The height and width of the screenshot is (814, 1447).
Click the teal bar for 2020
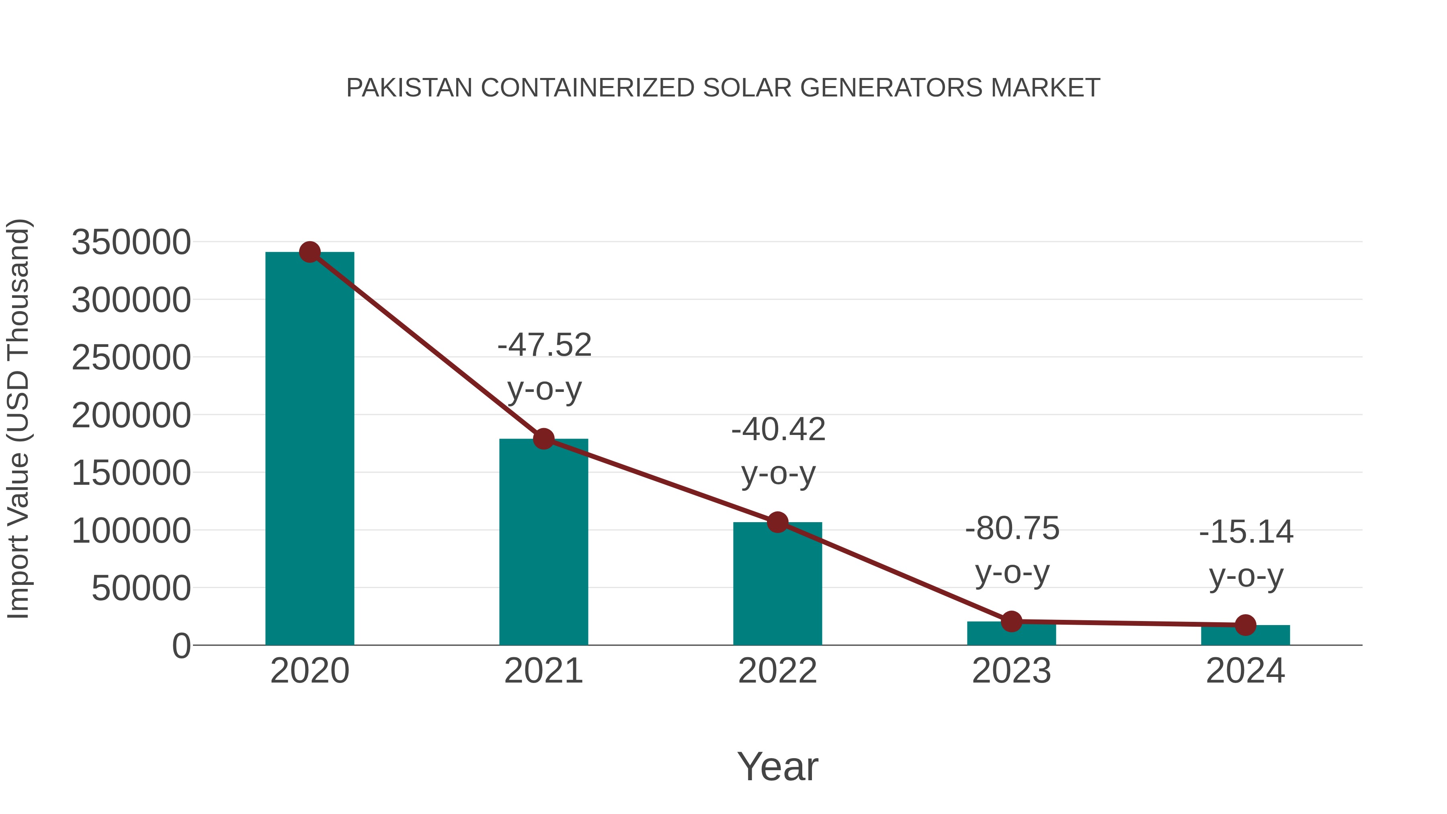click(x=309, y=449)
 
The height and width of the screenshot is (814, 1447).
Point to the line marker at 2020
click(x=309, y=252)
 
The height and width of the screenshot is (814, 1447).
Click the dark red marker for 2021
click(x=543, y=439)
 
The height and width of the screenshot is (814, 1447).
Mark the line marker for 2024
click(x=1245, y=625)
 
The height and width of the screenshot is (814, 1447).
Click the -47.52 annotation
click(x=544, y=345)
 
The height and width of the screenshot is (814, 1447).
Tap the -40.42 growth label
click(x=778, y=430)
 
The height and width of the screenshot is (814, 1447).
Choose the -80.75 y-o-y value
click(x=1012, y=529)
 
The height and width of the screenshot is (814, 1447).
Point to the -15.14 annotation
click(x=1246, y=532)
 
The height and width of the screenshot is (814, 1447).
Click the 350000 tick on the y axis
click(x=131, y=243)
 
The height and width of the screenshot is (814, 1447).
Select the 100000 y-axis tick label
click(x=131, y=531)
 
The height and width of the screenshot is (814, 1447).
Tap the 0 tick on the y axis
click(x=181, y=646)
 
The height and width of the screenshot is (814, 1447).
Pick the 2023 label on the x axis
click(x=1011, y=671)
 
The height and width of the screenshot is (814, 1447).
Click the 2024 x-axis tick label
click(x=1245, y=671)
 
